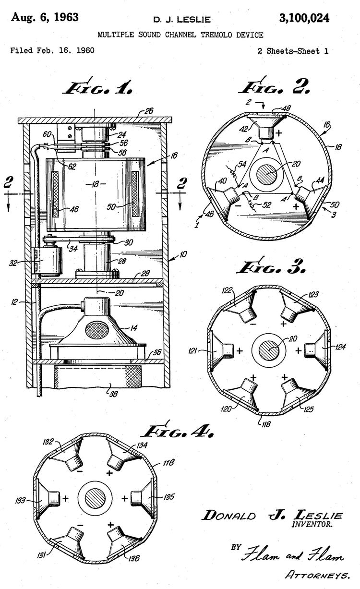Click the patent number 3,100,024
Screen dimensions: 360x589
[x=304, y=18]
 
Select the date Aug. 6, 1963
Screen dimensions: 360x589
[x=45, y=17]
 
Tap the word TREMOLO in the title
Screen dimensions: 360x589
[x=216, y=35]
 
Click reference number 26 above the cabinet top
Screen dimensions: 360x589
[x=149, y=111]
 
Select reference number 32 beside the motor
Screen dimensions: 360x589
[x=13, y=263]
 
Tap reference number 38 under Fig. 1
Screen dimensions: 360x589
[x=114, y=393]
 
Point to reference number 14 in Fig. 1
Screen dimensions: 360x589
[x=133, y=328]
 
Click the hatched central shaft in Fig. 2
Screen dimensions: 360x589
[x=267, y=175]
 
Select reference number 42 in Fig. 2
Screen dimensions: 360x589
[x=244, y=129]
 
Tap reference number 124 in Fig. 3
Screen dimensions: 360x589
[x=340, y=347]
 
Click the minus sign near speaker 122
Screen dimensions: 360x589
[x=253, y=324]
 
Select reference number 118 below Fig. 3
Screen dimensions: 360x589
[x=265, y=424]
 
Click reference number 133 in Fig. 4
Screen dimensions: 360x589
[x=20, y=500]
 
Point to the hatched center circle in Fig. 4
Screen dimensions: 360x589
[x=95, y=498]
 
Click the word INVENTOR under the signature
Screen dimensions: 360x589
[x=312, y=524]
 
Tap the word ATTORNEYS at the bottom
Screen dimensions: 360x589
[x=318, y=575]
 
